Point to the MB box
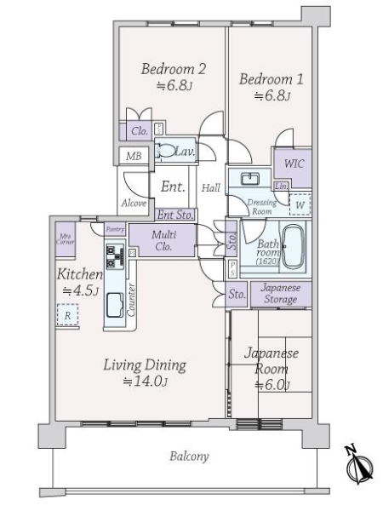click(x=134, y=157)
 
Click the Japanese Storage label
click(x=279, y=293)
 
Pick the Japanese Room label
click(x=269, y=361)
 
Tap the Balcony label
click(x=186, y=456)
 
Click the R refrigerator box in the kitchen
click(x=67, y=315)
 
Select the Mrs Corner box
click(x=65, y=239)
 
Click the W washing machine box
click(x=300, y=204)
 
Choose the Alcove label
click(x=134, y=203)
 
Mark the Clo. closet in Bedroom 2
click(x=140, y=131)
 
